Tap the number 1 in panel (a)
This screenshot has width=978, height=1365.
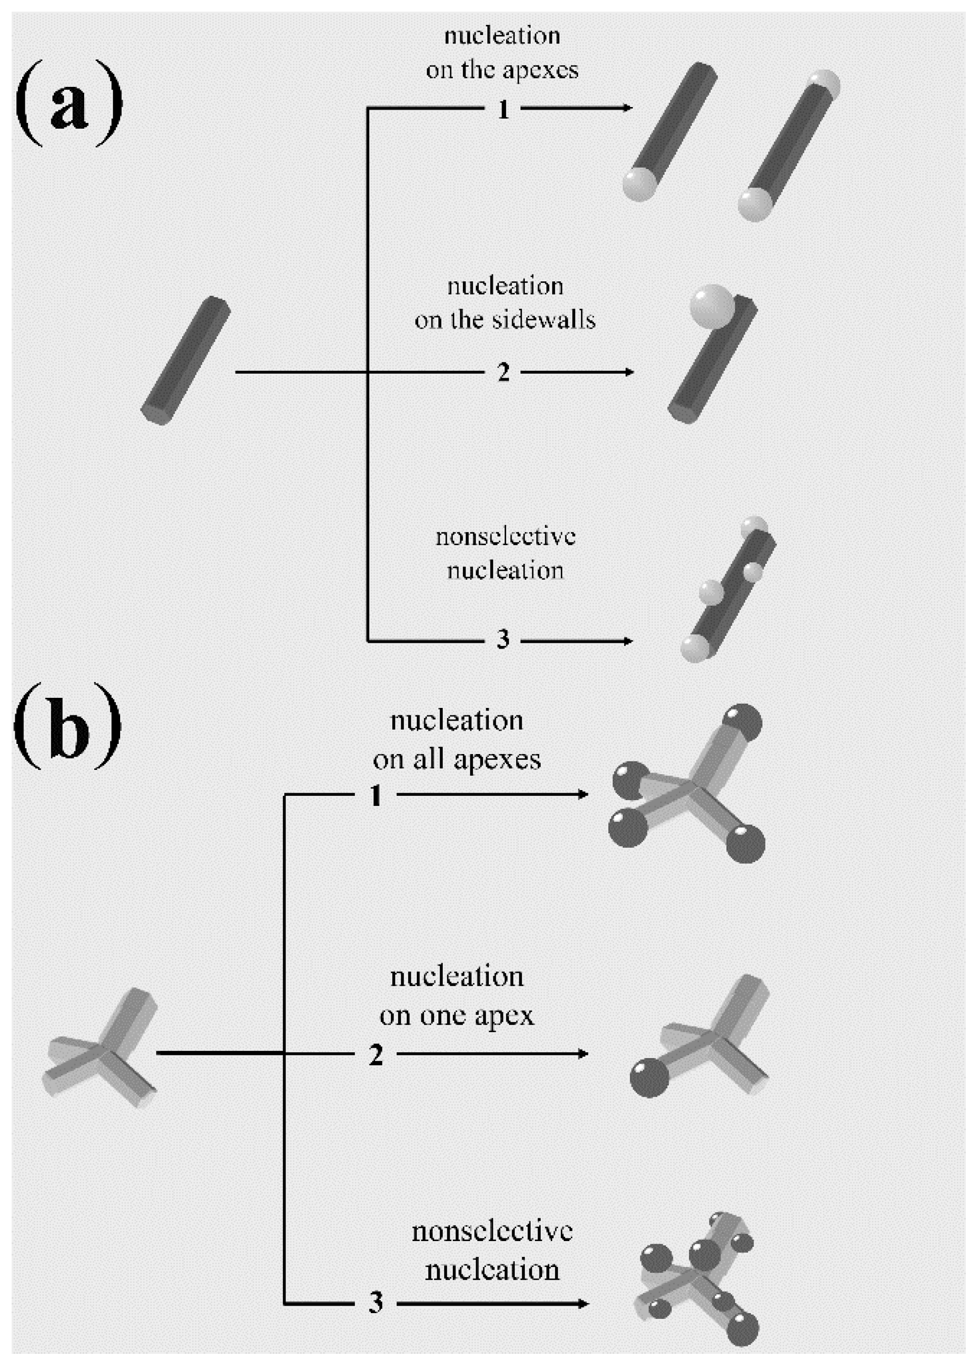coord(504,109)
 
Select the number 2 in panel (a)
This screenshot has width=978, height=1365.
coord(504,373)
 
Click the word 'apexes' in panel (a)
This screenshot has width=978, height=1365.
coord(540,70)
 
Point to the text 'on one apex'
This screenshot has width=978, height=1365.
coord(456,1015)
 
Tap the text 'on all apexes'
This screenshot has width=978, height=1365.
coord(456,759)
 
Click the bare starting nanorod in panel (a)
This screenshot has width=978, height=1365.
coord(185,360)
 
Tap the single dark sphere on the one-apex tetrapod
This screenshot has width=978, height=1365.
coord(649,1078)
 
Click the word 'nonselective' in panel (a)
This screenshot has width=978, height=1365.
coord(505,536)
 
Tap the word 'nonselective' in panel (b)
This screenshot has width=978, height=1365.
coord(492,1231)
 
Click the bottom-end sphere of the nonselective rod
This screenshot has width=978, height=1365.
coord(695,649)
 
